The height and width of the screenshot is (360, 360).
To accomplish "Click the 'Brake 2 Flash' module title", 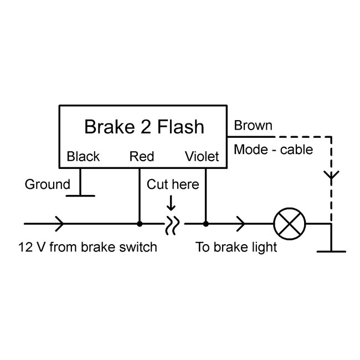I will point(144,127).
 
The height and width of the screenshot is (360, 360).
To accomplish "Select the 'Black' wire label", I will point(83,157).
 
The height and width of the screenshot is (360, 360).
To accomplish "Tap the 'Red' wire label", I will point(141,157).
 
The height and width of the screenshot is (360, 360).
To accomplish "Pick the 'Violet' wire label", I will point(202,157).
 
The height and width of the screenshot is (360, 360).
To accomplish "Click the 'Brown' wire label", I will point(253,126).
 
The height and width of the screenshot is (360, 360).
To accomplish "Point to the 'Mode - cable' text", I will point(273,149).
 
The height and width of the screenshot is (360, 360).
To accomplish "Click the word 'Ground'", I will point(47,184).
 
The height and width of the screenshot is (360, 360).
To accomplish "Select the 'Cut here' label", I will point(172,184).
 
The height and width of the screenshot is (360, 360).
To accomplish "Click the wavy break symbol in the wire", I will point(172,224).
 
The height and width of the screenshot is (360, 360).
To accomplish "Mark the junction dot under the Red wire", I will point(139,224).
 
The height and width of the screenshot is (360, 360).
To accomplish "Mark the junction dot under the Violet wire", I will point(205,224).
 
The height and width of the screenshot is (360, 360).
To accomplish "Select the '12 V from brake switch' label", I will point(88,247).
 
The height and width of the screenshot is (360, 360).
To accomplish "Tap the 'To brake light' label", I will point(236,247).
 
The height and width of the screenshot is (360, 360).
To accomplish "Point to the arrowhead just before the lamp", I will point(241,224).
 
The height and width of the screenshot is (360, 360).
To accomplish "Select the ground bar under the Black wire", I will point(80,195).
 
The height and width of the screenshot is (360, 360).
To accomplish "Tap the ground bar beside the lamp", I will point(331,251).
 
